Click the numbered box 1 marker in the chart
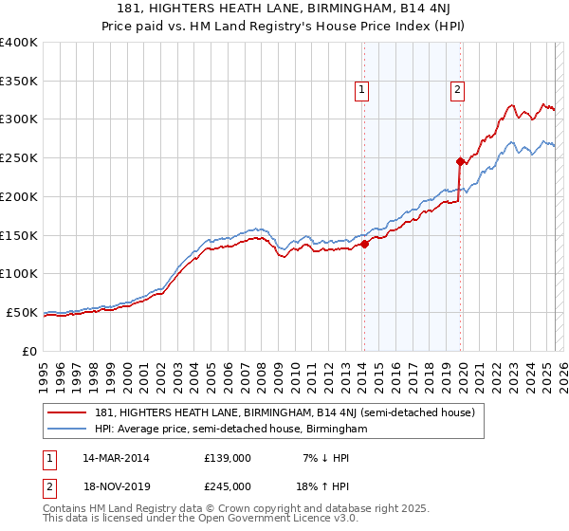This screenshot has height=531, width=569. [363, 90]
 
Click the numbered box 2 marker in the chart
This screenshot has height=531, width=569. [457, 90]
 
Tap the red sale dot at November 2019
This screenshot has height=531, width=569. [460, 160]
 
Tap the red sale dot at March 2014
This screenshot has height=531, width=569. [364, 244]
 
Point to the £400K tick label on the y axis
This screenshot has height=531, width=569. [18, 43]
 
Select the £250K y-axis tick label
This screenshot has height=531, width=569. [18, 158]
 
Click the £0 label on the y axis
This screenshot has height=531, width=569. [28, 351]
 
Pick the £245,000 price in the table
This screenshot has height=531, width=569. [228, 486]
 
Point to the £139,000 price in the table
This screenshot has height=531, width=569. [228, 458]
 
